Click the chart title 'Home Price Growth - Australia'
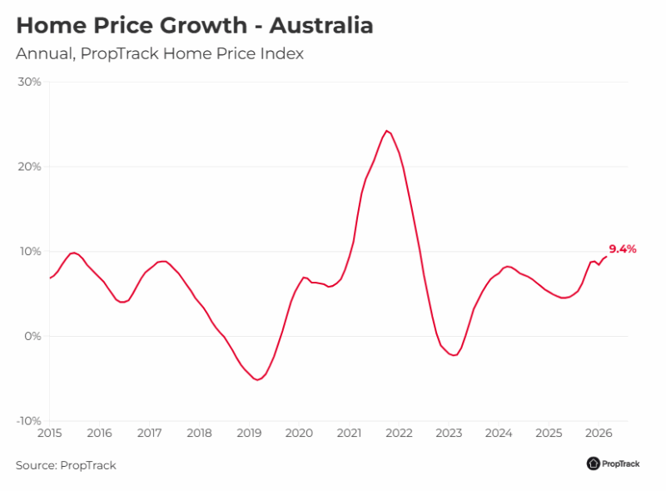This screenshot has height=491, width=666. point(195,25)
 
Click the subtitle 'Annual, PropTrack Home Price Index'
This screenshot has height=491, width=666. point(160,54)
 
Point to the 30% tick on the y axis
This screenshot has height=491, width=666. point(30,82)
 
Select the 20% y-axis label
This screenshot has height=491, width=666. point(30,167)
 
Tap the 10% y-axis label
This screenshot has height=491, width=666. point(30,252)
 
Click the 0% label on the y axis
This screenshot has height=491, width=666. point(33,336)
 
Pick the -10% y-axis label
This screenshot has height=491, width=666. point(28,421)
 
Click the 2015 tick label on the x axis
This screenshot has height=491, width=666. point(49,433)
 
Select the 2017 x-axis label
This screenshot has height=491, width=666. point(149,433)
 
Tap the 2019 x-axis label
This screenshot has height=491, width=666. point(249,433)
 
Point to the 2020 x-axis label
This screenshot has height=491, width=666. point(299,433)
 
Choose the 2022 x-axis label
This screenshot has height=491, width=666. point(399,433)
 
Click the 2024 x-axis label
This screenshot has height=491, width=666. point(499,433)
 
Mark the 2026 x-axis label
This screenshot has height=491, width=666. point(599,433)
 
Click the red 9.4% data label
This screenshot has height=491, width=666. point(623,248)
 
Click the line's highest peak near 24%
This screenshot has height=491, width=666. point(386,131)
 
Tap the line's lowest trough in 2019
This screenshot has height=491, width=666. point(258,379)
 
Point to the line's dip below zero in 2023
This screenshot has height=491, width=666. point(454,356)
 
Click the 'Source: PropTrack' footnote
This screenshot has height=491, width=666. point(66,465)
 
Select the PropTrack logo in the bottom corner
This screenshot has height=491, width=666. point(613,463)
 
